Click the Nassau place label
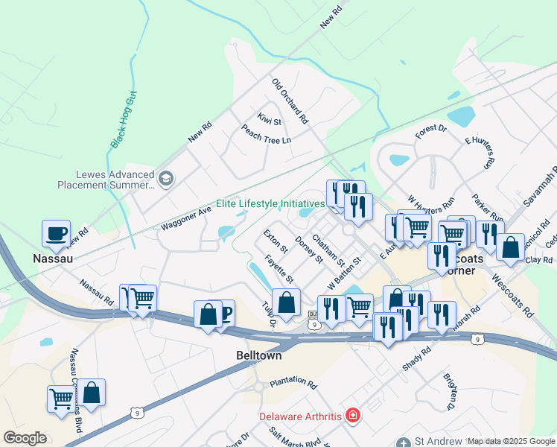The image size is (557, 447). [x=52, y=258]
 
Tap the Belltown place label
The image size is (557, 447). [x=258, y=356]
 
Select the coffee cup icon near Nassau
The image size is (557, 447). [x=57, y=234]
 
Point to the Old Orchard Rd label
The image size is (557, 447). [x=290, y=101]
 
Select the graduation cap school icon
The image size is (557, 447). [x=165, y=178]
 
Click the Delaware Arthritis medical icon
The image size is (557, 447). [x=353, y=415]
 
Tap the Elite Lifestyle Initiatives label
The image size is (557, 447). [x=270, y=203]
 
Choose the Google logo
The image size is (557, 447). [x=25, y=438]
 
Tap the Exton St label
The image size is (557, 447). [x=275, y=241]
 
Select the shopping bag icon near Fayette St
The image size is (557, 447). [x=287, y=302]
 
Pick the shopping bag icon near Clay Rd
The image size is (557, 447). [x=511, y=248]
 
